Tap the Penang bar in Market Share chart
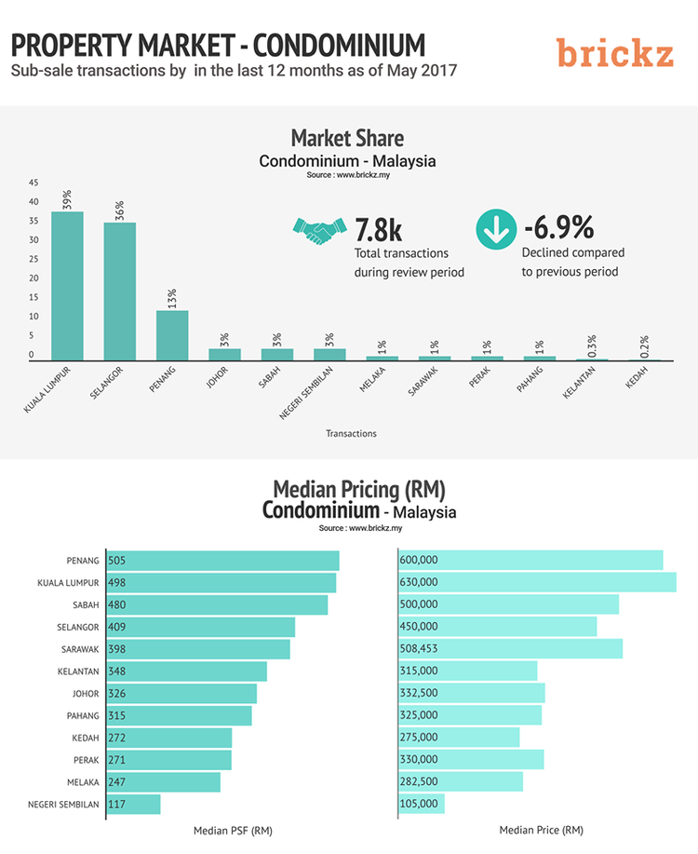coord(172,335)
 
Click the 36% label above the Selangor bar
coord(120,210)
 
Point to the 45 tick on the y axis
coord(34,183)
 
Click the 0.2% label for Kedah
coord(644,346)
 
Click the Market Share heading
coord(347,139)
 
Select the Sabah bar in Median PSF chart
coord(218,605)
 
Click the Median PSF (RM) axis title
coord(233,830)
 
